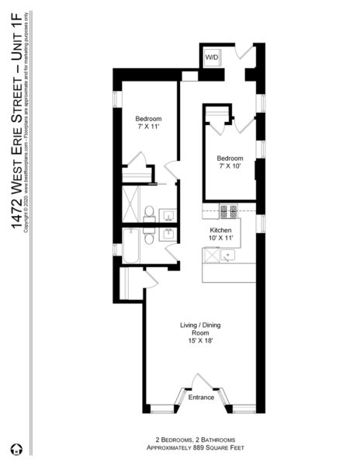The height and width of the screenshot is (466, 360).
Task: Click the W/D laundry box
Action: [x=212, y=58]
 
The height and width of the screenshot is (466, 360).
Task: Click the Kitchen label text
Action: [x=221, y=231]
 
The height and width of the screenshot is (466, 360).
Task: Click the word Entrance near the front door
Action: [x=201, y=398]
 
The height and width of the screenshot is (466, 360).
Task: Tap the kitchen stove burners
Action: [x=229, y=210]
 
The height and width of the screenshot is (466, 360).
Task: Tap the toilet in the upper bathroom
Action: [x=149, y=212]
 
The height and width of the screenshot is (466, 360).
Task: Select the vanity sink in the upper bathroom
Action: [x=168, y=214]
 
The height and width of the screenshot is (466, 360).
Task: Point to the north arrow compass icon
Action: [x=16, y=449]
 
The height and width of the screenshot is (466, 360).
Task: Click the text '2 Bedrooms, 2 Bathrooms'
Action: [x=191, y=440]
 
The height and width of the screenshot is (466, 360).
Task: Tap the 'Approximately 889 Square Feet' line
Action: [x=191, y=448]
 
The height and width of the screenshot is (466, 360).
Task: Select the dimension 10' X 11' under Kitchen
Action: [x=221, y=239]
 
